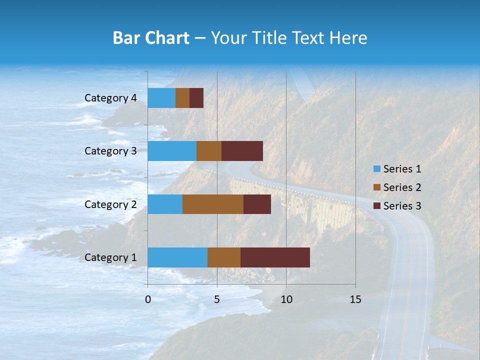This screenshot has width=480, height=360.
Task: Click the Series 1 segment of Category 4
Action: tap(161, 98)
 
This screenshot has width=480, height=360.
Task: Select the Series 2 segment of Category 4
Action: tap(182, 98)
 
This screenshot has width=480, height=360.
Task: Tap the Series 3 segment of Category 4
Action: tap(196, 98)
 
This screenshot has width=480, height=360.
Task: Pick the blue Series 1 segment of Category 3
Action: tap(172, 151)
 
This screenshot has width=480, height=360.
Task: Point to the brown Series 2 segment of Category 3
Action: tap(209, 151)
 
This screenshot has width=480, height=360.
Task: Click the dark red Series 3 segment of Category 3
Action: tap(242, 151)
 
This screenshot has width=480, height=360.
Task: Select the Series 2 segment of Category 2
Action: tap(213, 204)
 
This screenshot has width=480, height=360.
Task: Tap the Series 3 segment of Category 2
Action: tap(257, 204)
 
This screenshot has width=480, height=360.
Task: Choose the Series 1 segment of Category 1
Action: tap(177, 257)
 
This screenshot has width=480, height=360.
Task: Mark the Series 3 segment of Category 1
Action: tap(275, 257)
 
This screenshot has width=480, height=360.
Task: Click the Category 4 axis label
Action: tap(110, 98)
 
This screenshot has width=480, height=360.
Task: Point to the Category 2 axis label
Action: tap(110, 204)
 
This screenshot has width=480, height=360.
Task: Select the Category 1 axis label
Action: tap(110, 257)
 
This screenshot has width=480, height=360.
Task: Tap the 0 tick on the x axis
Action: tap(148, 299)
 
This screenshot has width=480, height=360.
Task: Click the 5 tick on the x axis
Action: tap(217, 299)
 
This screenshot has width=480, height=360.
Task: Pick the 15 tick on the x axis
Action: tap(355, 299)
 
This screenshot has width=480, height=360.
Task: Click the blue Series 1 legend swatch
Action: tap(376, 169)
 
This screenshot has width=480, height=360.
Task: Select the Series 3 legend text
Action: tap(402, 206)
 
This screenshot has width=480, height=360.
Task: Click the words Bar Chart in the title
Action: tap(151, 38)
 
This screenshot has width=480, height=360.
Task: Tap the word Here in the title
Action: tap(349, 38)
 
